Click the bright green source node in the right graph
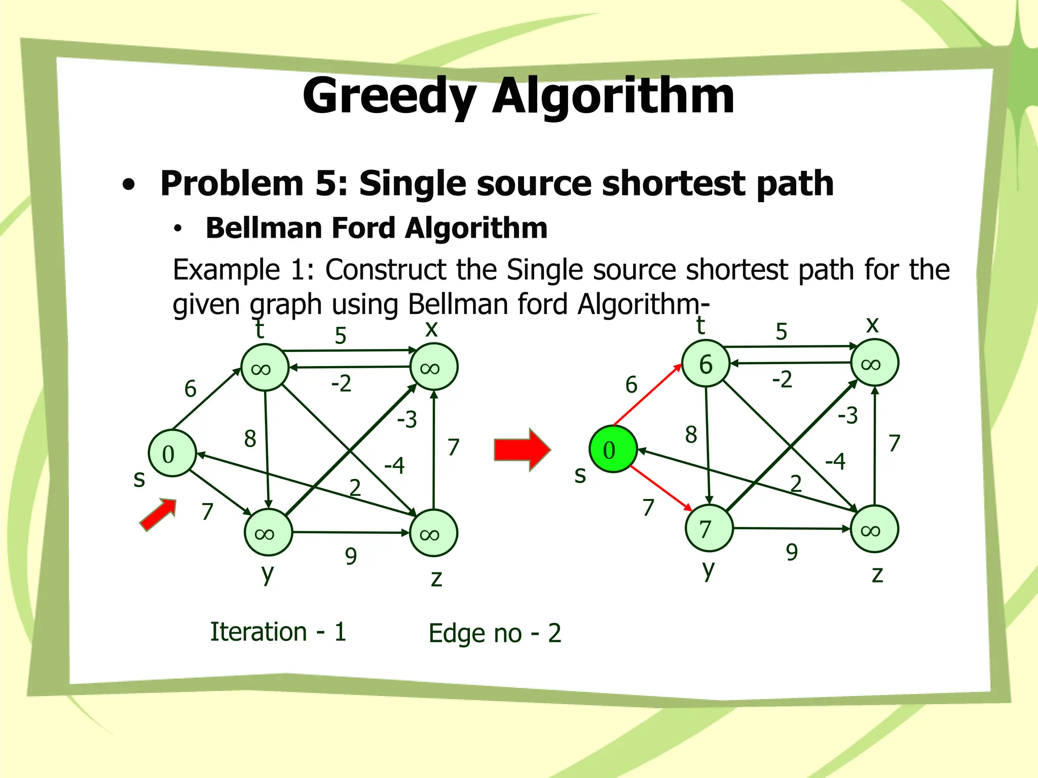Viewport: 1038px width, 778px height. [x=613, y=449]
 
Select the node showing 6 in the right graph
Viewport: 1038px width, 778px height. [x=706, y=364]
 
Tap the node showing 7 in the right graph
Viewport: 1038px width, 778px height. [x=709, y=528]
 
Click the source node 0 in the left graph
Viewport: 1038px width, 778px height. [x=172, y=453]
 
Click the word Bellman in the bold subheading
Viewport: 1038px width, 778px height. [x=264, y=228]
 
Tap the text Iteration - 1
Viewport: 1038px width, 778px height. [x=278, y=632]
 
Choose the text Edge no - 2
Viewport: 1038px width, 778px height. [x=495, y=633]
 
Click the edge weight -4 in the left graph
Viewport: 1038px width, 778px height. [x=394, y=465]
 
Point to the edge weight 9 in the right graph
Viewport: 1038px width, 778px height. [x=792, y=552]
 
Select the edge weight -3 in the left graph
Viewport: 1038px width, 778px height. [x=406, y=419]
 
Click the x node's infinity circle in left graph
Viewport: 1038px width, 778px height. [x=433, y=367]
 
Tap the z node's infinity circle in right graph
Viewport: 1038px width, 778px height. [x=874, y=529]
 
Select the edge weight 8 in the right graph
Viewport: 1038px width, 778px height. [x=691, y=435]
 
